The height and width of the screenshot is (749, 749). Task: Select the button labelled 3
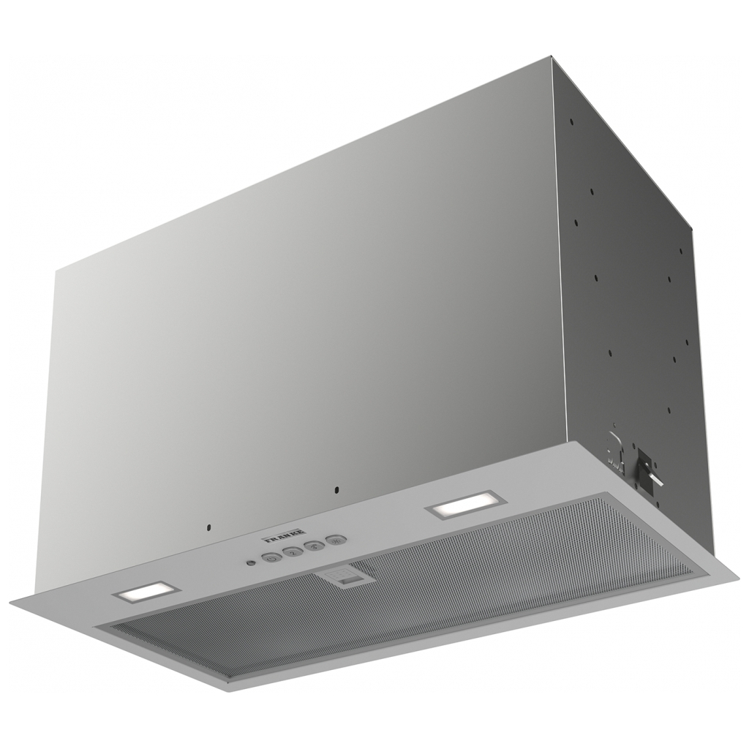315,546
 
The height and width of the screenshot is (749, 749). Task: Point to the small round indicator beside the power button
251,563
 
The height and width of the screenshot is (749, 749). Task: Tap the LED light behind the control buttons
464,504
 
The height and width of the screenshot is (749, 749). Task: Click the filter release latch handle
347,578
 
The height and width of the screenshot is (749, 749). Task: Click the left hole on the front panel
208,525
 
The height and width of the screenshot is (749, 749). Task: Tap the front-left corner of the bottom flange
10,601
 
